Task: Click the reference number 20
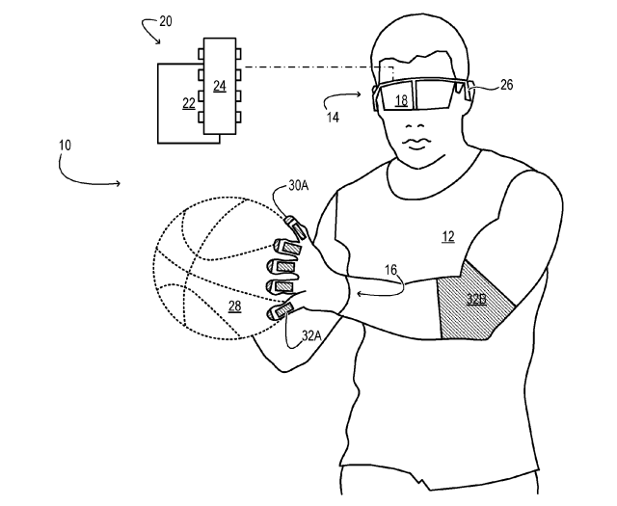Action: pos(166,21)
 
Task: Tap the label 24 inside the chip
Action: pos(220,86)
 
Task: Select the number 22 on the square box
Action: pos(189,103)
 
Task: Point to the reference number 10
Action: pos(65,146)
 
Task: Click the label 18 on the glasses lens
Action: pos(401,101)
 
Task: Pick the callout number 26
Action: pos(507,85)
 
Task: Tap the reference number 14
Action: pos(333,117)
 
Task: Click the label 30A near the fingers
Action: pos(299,185)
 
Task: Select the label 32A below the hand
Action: pos(311,335)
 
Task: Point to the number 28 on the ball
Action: pos(235,306)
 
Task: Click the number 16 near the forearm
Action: pos(390,270)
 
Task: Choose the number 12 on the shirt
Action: pos(448,236)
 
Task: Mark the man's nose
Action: pos(414,126)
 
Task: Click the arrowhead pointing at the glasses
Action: pos(359,94)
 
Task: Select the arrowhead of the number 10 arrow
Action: pos(118,183)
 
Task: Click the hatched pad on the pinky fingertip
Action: pos(283,308)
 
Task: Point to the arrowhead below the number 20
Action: pos(158,40)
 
